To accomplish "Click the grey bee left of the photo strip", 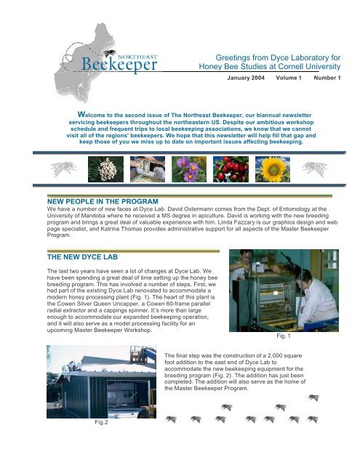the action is (x=63, y=169).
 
